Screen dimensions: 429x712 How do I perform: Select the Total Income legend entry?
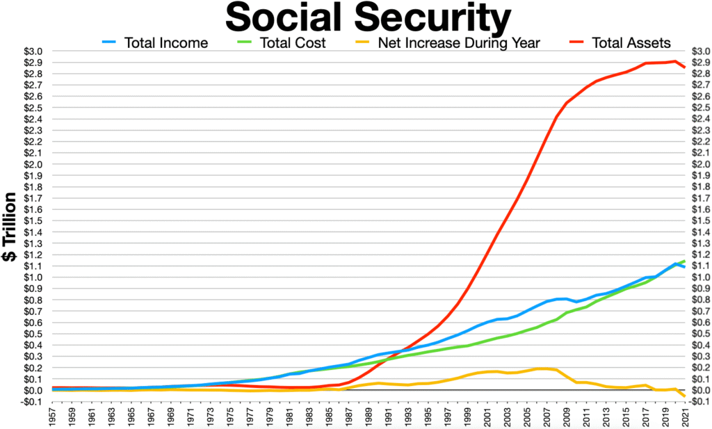165,42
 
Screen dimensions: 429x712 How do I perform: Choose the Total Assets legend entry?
631,42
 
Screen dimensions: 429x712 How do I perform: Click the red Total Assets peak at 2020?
674,61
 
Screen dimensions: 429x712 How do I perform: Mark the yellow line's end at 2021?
685,396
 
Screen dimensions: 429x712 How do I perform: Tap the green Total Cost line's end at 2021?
685,261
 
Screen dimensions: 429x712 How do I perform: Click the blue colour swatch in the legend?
110,42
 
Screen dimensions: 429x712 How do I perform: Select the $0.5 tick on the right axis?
697,334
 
